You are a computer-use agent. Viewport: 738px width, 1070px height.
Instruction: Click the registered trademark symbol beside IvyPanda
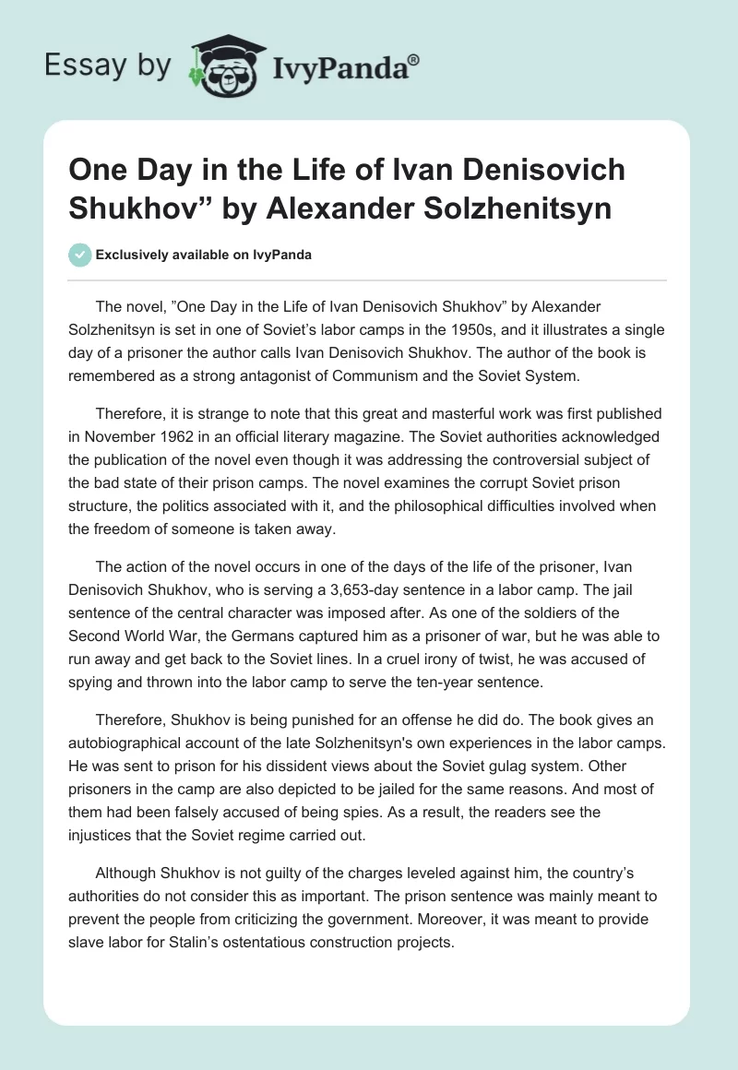(414, 58)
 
